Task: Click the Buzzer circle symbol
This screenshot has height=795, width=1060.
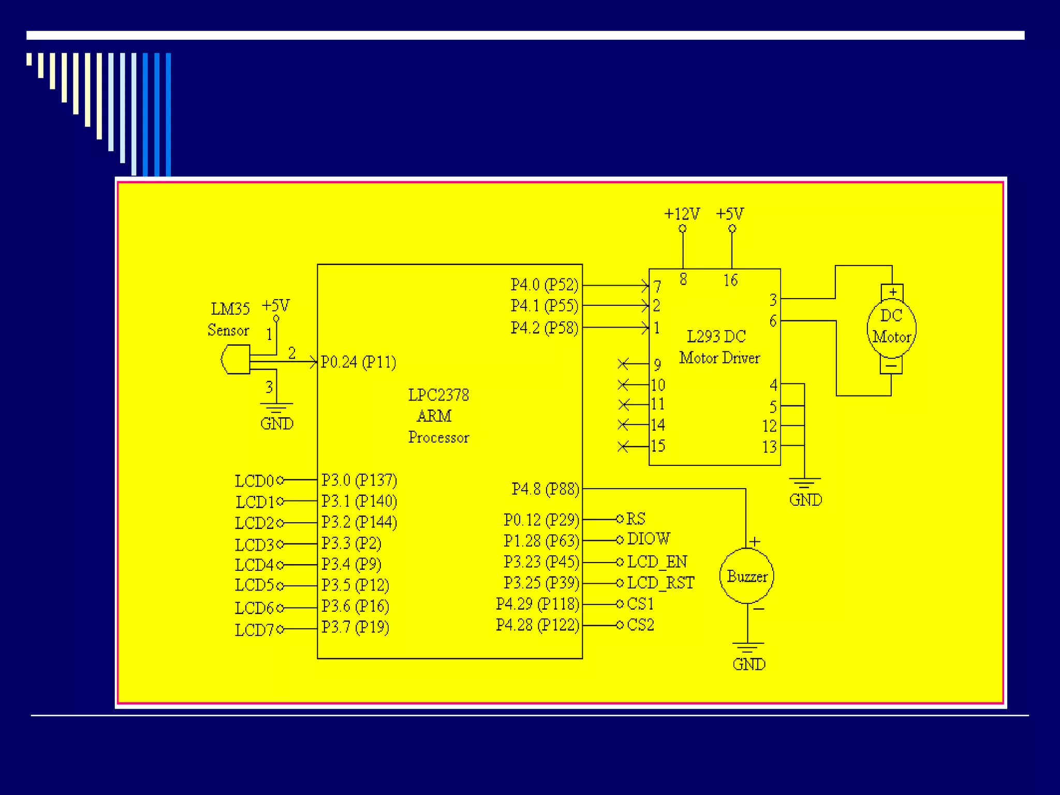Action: (746, 576)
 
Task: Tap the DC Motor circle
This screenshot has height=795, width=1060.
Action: (891, 327)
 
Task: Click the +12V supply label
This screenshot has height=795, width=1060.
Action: (682, 214)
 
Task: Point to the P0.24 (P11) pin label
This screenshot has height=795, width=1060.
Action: (358, 362)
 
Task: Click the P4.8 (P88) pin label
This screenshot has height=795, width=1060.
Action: (545, 489)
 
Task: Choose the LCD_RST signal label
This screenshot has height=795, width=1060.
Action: (660, 583)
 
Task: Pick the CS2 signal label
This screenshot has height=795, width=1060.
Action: (640, 625)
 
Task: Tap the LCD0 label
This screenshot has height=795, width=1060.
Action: (254, 481)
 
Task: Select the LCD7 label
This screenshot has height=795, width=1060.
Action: (254, 630)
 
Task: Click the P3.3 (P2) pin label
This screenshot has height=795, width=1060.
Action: (351, 543)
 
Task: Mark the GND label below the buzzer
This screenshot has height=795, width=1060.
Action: (748, 664)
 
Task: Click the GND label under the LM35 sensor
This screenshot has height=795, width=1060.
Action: (276, 423)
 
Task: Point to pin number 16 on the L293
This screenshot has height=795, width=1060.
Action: (730, 281)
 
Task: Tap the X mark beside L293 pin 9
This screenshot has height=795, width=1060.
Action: (623, 364)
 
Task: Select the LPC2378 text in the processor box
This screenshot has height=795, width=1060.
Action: (438, 395)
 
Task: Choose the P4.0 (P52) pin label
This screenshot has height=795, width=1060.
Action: (544, 285)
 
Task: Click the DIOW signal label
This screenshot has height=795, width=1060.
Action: (648, 539)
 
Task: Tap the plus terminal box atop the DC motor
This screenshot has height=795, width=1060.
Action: (892, 292)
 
